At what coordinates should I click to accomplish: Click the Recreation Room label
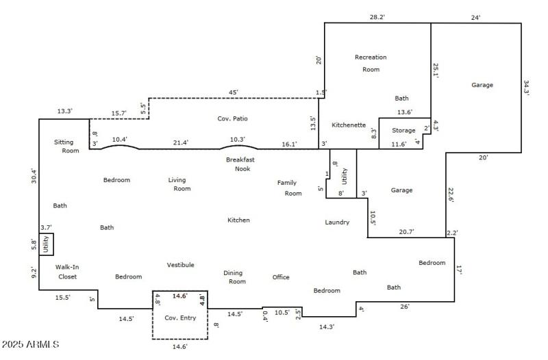point(371,63)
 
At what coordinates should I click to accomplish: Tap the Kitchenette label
point(349,125)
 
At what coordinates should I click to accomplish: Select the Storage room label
point(403,130)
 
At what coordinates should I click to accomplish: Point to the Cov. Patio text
point(232,118)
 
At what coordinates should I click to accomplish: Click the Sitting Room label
point(66,146)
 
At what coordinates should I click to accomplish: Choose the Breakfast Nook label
point(240,164)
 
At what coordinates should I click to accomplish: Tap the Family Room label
point(290,188)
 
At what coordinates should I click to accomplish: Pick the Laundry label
point(337,222)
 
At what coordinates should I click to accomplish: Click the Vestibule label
point(180,265)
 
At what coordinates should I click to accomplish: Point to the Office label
point(281,277)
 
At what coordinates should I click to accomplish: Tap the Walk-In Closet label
point(66,272)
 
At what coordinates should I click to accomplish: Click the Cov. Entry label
point(180,318)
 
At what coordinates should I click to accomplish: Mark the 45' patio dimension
point(234,92)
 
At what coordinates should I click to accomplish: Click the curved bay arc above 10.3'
point(239,146)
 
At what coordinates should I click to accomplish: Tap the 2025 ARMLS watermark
point(31,344)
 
